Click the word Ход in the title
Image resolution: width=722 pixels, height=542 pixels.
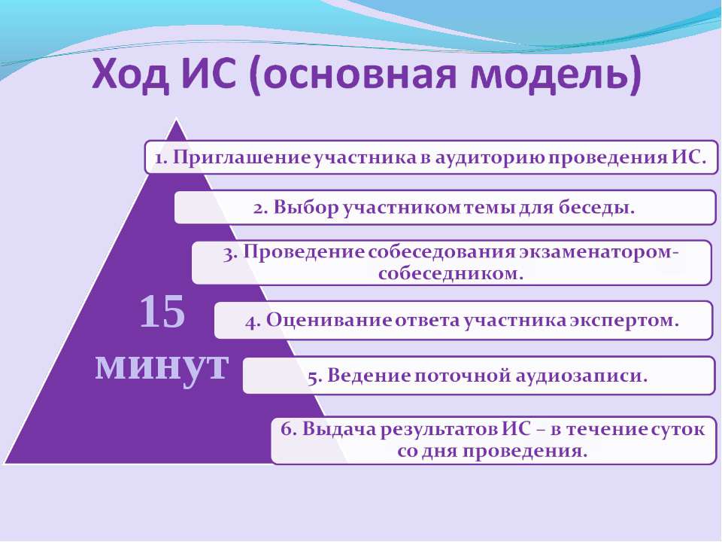(x=130, y=75)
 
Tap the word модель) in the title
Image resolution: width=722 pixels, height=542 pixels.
(x=555, y=75)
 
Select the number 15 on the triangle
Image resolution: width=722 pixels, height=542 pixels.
(x=162, y=312)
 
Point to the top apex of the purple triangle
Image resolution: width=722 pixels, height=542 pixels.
(x=176, y=120)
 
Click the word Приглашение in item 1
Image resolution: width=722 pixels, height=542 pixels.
(x=242, y=158)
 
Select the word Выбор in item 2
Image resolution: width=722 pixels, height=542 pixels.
(x=306, y=208)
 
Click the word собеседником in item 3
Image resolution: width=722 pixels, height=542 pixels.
(x=450, y=274)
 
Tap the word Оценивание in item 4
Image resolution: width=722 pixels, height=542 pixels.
(x=329, y=320)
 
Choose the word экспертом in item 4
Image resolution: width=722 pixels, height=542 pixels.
(x=624, y=321)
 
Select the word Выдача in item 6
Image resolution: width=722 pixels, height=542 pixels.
(x=338, y=429)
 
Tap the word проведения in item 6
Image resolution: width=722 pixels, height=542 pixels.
(x=525, y=451)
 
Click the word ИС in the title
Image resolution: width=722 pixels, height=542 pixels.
(x=208, y=75)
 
